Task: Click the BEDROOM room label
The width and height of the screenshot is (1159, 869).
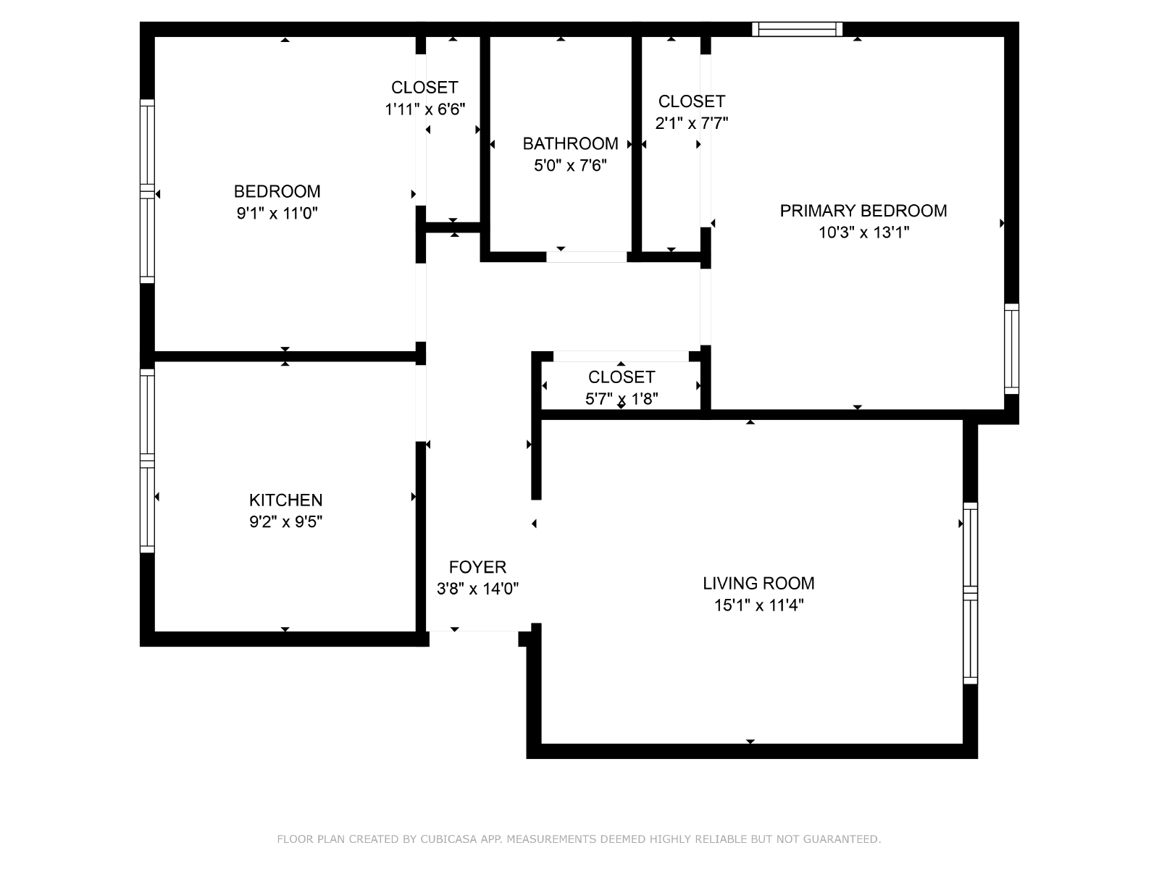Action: (x=277, y=191)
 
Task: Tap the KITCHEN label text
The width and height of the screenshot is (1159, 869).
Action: (x=285, y=500)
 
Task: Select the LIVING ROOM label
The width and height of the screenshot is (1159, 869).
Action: (x=758, y=583)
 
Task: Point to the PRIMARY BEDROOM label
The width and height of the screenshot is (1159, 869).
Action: (x=863, y=211)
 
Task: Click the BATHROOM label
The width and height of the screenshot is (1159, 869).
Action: (x=570, y=143)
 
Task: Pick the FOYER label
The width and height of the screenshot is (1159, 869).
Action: (x=477, y=567)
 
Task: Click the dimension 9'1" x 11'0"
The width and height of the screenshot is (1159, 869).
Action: (x=277, y=213)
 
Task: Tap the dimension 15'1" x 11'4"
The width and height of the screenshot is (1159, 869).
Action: (x=758, y=605)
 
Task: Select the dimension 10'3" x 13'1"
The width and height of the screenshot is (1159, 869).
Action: (x=864, y=232)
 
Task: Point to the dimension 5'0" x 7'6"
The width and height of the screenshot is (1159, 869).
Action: (x=570, y=166)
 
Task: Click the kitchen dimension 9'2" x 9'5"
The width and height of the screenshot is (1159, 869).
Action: (x=285, y=522)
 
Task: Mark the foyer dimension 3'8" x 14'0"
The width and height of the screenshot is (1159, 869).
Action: (x=477, y=588)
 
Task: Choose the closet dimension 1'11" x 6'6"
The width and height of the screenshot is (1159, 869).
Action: (x=424, y=109)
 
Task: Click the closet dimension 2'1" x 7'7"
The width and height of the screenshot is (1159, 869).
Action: (x=691, y=123)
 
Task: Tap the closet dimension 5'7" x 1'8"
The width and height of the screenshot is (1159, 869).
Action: (x=622, y=399)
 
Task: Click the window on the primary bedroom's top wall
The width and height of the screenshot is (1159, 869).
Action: (x=797, y=29)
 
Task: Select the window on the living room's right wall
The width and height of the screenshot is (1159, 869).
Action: (x=971, y=593)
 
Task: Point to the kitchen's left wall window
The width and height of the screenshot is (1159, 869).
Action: (x=147, y=461)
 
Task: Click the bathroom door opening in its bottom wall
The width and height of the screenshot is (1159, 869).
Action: (x=586, y=257)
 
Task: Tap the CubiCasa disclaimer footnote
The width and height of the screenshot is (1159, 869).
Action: (x=579, y=839)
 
